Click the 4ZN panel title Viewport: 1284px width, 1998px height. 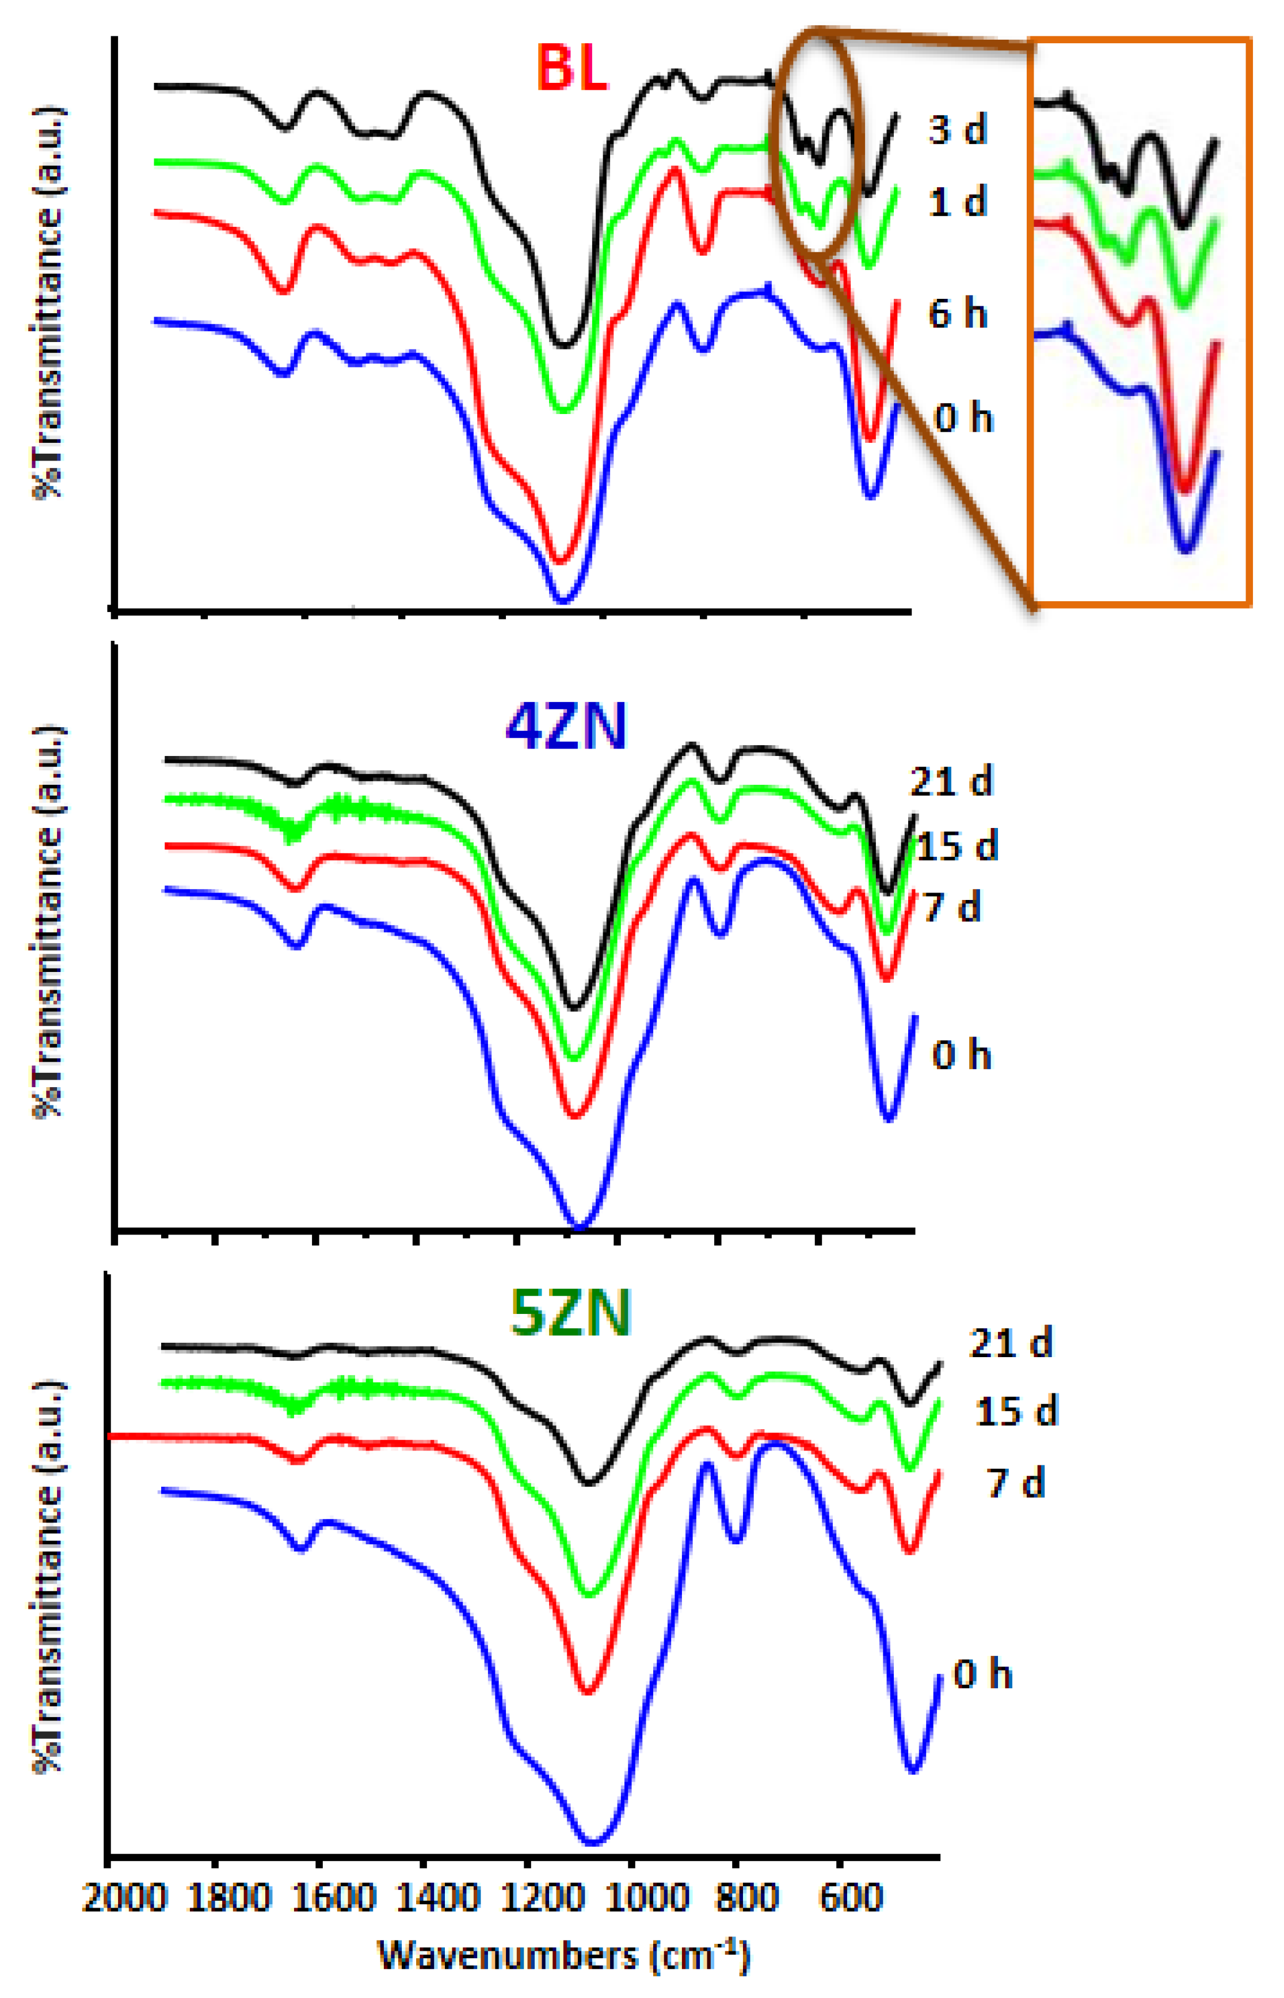pyautogui.click(x=566, y=727)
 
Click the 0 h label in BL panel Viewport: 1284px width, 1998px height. pyautogui.click(x=964, y=417)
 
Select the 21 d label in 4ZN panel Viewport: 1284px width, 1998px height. pyautogui.click(x=951, y=781)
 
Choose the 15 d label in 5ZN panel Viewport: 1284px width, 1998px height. pyautogui.click(x=1016, y=1411)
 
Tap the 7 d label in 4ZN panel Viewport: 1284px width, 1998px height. pyautogui.click(x=952, y=906)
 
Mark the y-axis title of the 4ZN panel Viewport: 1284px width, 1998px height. pyautogui.click(x=48, y=921)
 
